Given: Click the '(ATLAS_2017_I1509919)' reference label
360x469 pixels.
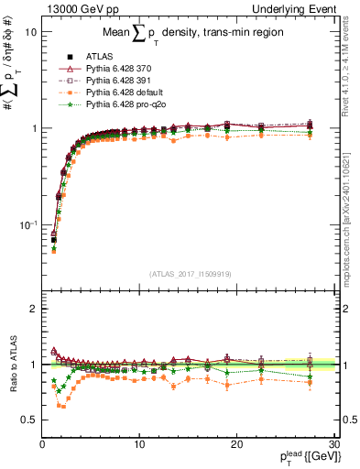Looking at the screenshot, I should (189, 272).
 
